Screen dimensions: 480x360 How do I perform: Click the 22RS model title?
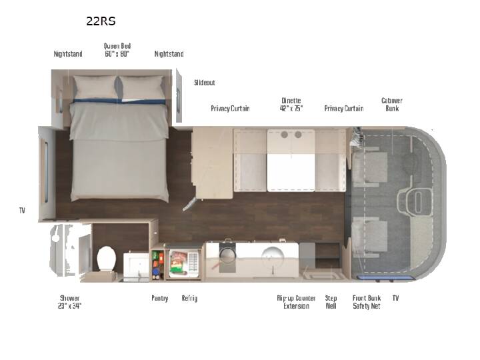[x=101, y=21]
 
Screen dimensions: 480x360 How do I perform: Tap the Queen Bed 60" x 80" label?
[x=117, y=50]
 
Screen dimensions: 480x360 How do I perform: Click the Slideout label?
[x=205, y=83]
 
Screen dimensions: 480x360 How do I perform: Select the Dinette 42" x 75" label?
[x=291, y=105]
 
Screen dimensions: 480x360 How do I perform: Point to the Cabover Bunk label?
[x=392, y=105]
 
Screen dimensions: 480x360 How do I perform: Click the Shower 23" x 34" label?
[x=70, y=302]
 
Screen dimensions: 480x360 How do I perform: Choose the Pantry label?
[x=160, y=298]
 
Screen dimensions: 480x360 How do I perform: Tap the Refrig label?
[x=189, y=298]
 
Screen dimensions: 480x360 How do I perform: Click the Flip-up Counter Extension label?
[x=296, y=302]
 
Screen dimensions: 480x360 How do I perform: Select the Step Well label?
[x=331, y=302]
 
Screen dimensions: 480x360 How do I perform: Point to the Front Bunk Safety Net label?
[x=367, y=302]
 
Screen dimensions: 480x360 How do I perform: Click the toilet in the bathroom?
[x=106, y=259]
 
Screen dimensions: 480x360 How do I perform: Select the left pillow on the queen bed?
[x=95, y=87]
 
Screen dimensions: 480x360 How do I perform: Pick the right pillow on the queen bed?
[x=141, y=87]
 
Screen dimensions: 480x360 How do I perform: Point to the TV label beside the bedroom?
[x=22, y=211]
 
